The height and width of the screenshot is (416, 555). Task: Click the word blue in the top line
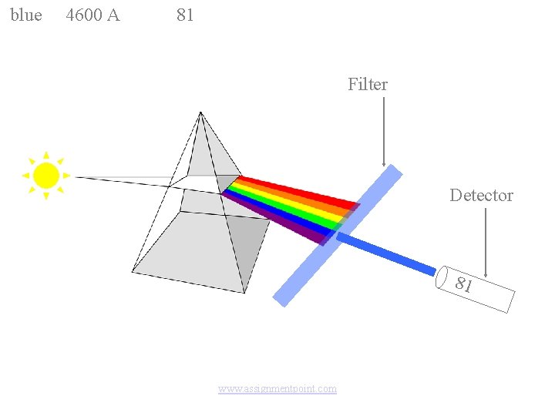(26, 15)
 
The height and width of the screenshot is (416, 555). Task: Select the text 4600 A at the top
(92, 15)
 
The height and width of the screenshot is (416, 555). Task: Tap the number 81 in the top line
(185, 15)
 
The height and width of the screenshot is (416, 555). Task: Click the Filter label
(368, 85)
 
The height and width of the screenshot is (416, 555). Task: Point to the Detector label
(481, 196)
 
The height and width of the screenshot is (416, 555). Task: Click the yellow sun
(46, 176)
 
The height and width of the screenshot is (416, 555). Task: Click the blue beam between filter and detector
(385, 253)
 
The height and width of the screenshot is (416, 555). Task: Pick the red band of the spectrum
(301, 190)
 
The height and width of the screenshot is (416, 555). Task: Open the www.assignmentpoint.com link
(277, 389)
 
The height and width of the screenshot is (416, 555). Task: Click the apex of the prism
(200, 113)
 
